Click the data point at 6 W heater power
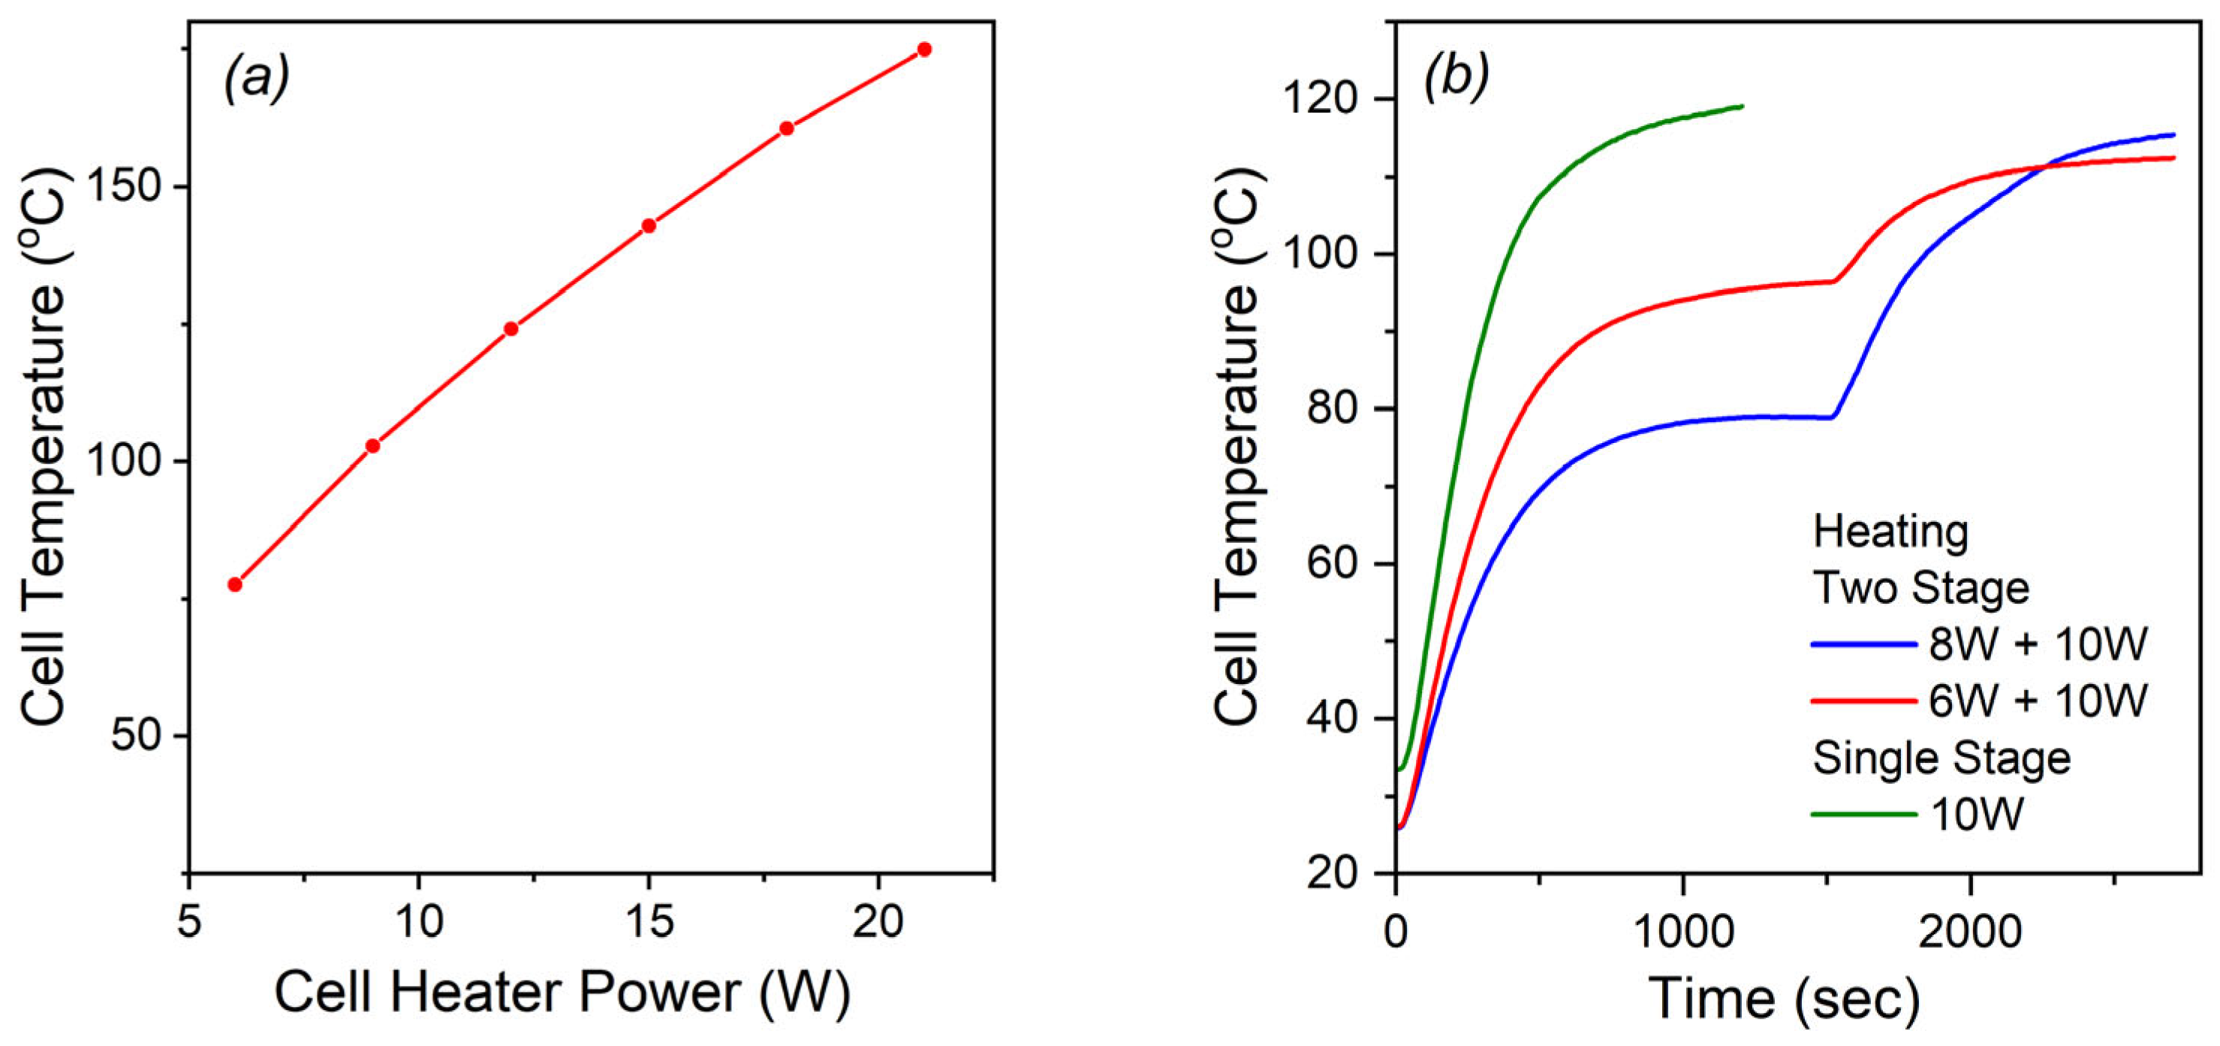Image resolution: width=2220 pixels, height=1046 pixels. [x=234, y=584]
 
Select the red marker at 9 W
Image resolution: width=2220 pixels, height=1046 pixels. [x=372, y=445]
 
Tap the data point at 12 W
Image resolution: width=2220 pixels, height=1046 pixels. [x=511, y=328]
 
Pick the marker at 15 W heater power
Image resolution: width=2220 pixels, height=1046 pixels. [x=649, y=226]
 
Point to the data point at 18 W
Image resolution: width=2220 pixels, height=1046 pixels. [x=786, y=128]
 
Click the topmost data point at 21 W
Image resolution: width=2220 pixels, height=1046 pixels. [x=924, y=49]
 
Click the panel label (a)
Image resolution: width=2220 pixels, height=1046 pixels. [x=256, y=80]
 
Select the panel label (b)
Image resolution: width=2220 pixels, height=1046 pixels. [x=1456, y=80]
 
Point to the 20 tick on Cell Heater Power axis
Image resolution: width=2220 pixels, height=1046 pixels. [x=878, y=923]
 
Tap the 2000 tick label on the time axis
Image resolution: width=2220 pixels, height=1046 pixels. [x=1969, y=933]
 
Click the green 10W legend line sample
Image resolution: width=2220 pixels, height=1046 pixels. [x=1863, y=813]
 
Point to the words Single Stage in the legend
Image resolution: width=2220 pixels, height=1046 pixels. [x=1941, y=758]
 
